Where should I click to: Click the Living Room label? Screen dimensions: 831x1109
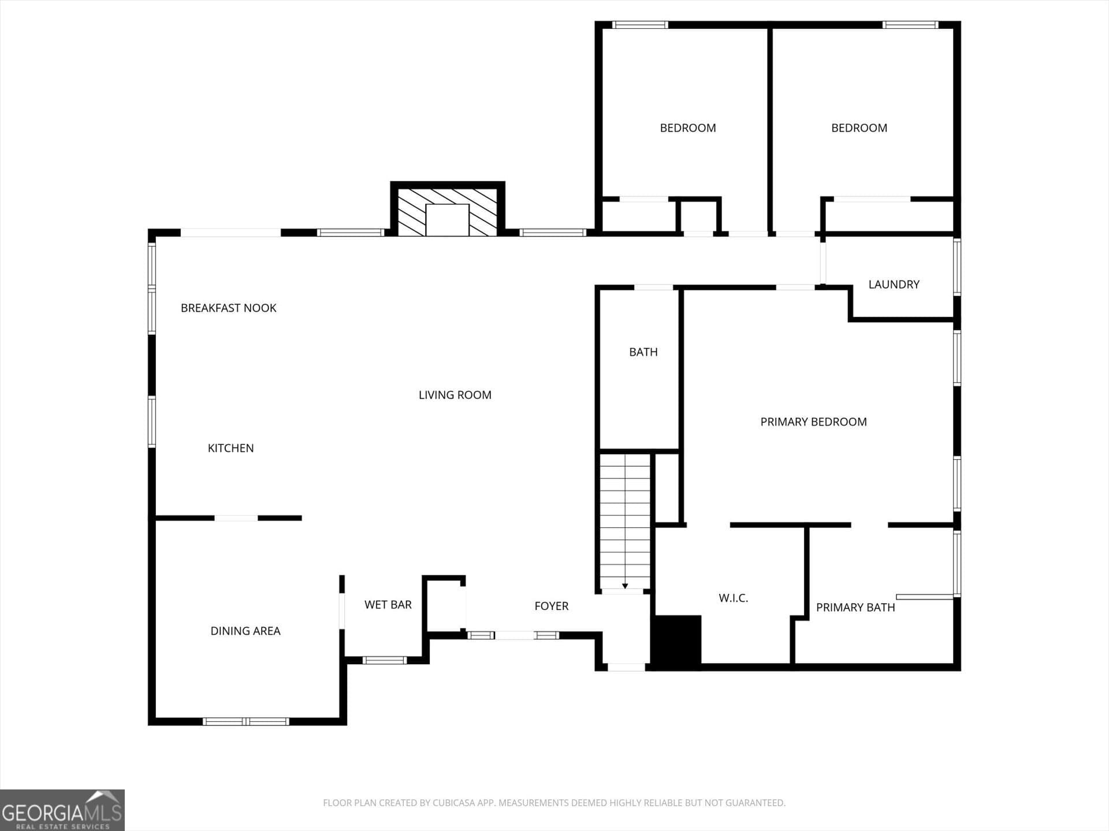[x=455, y=395]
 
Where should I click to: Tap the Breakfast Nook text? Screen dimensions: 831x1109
[x=228, y=308]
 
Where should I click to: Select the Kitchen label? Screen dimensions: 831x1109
[x=230, y=448]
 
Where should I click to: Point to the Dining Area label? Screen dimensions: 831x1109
[x=245, y=631]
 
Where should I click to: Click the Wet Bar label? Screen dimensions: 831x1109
[x=388, y=605]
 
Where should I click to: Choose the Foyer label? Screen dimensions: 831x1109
[x=551, y=606]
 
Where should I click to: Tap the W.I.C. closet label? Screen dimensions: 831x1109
[x=733, y=598]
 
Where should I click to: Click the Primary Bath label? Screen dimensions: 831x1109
[x=855, y=608]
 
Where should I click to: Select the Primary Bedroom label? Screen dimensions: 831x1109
[x=813, y=422]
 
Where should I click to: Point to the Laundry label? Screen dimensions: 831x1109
[x=894, y=285]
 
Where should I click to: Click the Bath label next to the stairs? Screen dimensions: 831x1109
[x=643, y=352]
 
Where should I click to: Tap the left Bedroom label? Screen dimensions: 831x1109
[x=687, y=128]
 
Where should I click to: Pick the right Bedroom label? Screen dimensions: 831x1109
[x=859, y=128]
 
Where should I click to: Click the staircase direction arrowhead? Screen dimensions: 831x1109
[x=625, y=586]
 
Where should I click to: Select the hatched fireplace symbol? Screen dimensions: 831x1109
[x=447, y=212]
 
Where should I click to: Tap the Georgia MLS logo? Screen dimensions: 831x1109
[x=62, y=810]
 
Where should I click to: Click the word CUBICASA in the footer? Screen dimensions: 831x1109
[x=453, y=803]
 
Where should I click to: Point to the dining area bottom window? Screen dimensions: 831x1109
[x=245, y=721]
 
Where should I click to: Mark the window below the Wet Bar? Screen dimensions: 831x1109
[x=385, y=660]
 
